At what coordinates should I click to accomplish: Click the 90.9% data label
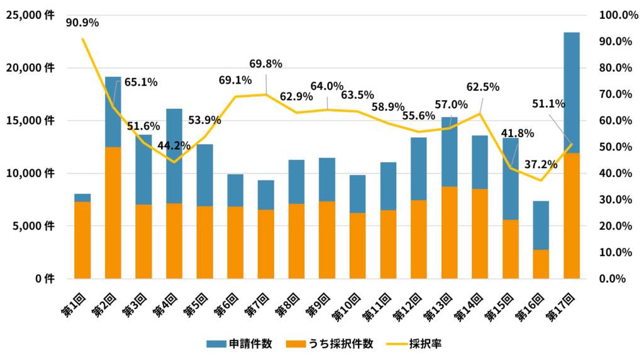pos(82,23)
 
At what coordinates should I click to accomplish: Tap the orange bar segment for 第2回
pos(113,212)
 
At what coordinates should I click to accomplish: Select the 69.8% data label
pos(265,64)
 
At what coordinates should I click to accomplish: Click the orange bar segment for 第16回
pos(541,264)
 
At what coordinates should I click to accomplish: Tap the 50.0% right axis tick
pos(619,147)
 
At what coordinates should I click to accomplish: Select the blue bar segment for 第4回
pos(174,156)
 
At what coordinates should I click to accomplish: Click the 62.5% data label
pos(483,86)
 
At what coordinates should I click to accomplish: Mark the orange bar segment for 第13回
pos(449,232)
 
